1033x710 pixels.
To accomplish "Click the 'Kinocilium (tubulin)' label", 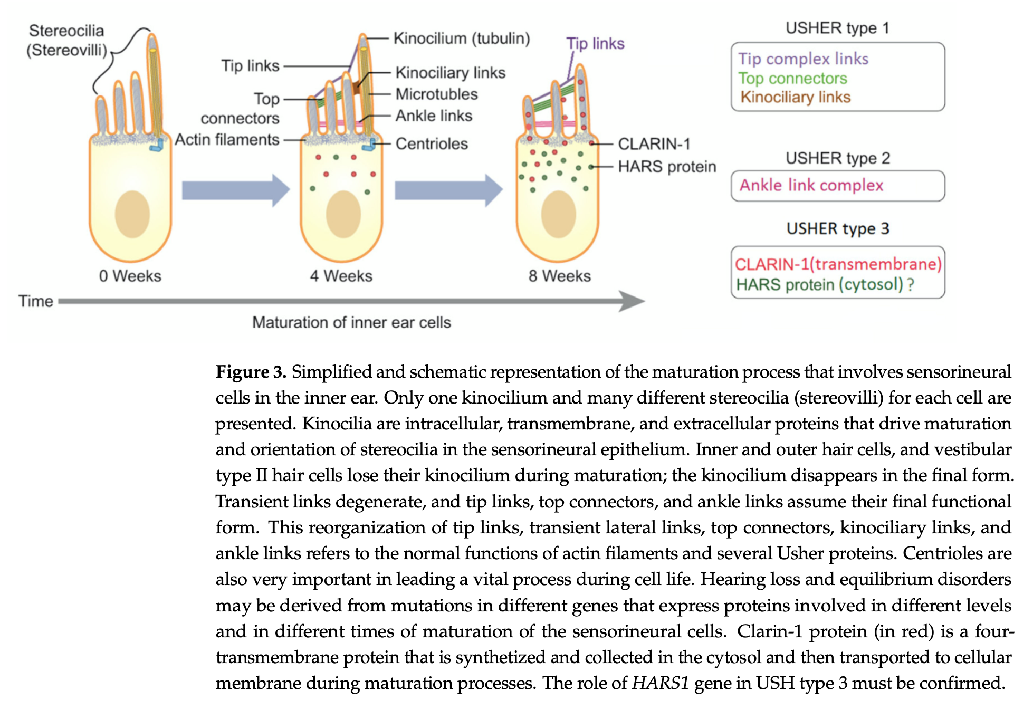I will pyautogui.click(x=461, y=39).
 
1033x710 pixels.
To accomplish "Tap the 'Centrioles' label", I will pyautogui.click(x=431, y=143).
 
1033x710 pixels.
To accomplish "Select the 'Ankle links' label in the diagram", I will pyautogui.click(x=434, y=116).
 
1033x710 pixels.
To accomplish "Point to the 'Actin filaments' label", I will pyautogui.click(x=227, y=140).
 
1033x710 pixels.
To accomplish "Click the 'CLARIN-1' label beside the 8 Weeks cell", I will pyautogui.click(x=654, y=143).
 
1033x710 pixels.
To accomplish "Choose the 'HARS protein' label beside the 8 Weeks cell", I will pyautogui.click(x=666, y=167).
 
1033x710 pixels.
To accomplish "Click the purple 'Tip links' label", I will pyautogui.click(x=595, y=43).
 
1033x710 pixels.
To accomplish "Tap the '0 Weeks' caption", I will pyautogui.click(x=130, y=276).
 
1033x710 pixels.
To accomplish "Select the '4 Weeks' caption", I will pyautogui.click(x=341, y=276).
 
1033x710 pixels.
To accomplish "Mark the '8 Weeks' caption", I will pyautogui.click(x=560, y=276).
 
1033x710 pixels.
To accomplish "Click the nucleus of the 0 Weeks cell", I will pyautogui.click(x=132, y=214).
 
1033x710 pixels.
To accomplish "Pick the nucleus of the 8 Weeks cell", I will pyautogui.click(x=558, y=214).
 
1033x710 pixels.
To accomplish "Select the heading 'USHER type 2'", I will pyautogui.click(x=837, y=158).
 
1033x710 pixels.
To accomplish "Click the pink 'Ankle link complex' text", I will pyautogui.click(x=811, y=185).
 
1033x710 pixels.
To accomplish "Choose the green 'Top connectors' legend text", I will pyautogui.click(x=792, y=78).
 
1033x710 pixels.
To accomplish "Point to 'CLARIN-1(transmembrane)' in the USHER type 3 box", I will pyautogui.click(x=838, y=264).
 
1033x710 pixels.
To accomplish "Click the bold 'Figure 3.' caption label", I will pyautogui.click(x=251, y=372).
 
